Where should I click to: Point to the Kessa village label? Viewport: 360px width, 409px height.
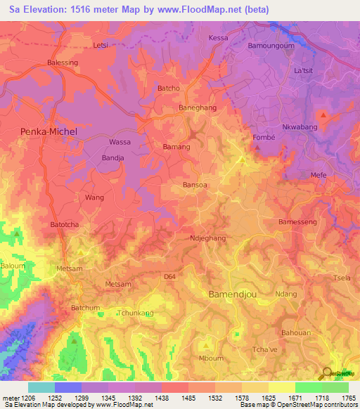coord(219,37)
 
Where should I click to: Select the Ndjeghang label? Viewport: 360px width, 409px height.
coord(208,239)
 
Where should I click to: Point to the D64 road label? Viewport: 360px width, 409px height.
coord(169,277)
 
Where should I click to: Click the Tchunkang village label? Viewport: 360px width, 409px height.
coord(134,313)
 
